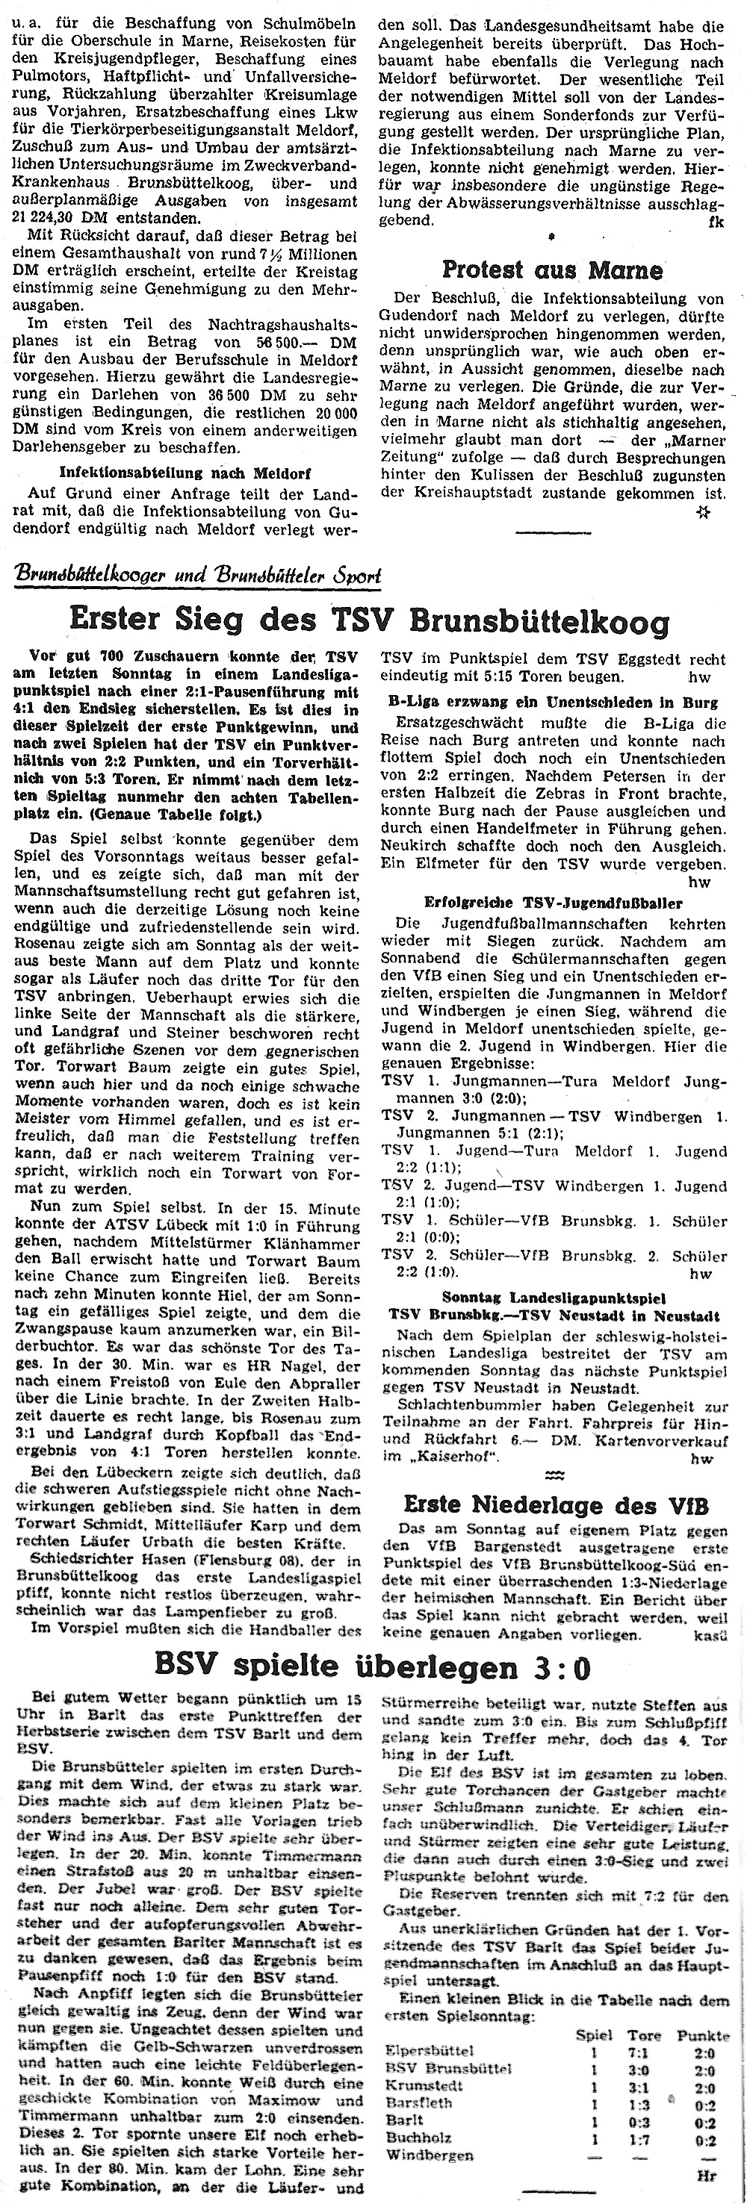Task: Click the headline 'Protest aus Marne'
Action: (552, 270)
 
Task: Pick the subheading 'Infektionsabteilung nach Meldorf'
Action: (185, 473)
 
